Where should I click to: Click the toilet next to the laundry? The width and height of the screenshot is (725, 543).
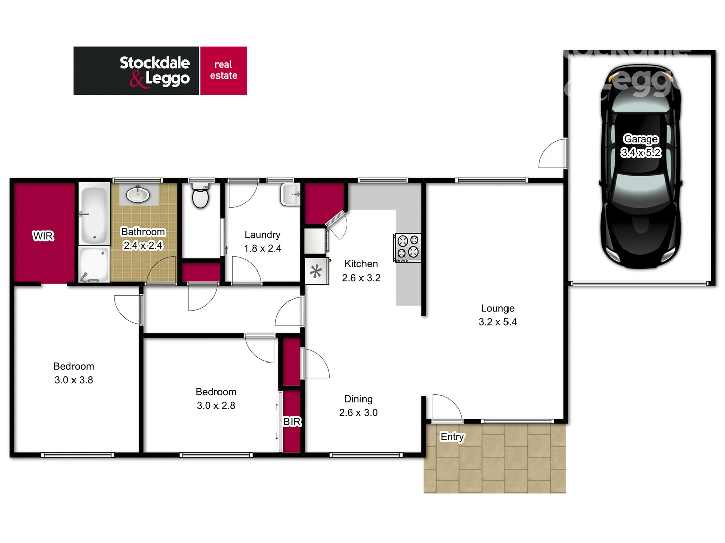(201, 196)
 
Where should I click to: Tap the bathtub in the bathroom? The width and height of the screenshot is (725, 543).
(94, 215)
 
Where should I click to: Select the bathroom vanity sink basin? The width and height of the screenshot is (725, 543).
(137, 194)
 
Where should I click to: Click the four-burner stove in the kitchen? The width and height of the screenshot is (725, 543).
(408, 247)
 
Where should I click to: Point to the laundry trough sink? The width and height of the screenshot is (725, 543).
(291, 194)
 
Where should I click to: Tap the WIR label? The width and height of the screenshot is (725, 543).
(43, 236)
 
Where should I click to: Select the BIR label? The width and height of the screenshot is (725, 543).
(292, 421)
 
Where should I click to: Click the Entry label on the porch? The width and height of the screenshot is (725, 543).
(452, 436)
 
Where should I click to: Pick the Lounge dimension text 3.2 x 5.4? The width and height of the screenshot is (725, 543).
(497, 322)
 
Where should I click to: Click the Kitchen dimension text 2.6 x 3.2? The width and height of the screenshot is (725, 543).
(361, 278)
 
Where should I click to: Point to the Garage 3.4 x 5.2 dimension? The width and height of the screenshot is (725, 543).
(640, 152)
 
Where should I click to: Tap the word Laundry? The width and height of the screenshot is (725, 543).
(262, 235)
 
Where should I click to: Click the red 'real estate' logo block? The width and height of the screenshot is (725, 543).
(224, 70)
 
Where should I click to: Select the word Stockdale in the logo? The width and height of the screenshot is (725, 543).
(155, 63)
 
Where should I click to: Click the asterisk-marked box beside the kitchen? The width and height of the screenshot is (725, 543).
(316, 271)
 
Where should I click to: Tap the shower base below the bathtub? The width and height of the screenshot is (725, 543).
(94, 264)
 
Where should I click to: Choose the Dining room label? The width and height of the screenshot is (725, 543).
(358, 399)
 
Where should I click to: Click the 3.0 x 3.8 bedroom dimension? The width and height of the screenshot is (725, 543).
(74, 380)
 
